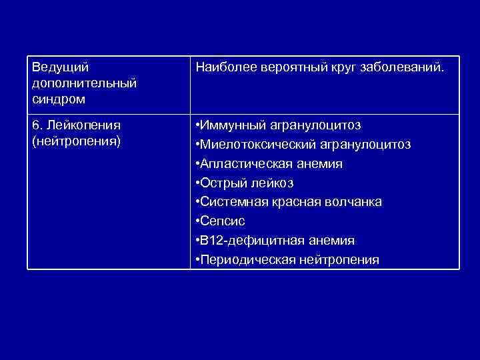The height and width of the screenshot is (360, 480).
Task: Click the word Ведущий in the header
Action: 61,67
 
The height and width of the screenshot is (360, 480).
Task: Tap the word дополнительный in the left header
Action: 84,83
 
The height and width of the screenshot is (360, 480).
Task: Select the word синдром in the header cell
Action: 58,99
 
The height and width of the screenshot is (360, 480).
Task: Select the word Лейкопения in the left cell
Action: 83,125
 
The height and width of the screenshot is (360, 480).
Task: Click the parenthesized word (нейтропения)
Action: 76,141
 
